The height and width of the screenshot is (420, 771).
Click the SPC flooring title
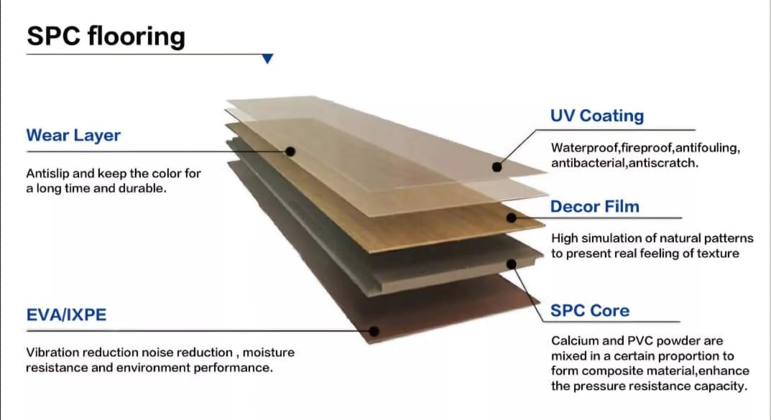pyautogui.click(x=106, y=37)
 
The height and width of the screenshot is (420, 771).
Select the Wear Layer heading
pyautogui.click(x=73, y=136)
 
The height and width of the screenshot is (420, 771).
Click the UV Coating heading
pyautogui.click(x=596, y=116)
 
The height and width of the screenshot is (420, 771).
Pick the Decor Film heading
pyautogui.click(x=594, y=207)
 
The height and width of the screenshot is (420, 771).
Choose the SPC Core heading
pyautogui.click(x=589, y=311)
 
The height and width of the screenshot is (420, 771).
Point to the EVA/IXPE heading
pyautogui.click(x=66, y=314)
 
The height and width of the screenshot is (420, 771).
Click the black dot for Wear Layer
pyautogui.click(x=290, y=151)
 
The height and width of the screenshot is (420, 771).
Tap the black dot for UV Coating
pyautogui.click(x=497, y=167)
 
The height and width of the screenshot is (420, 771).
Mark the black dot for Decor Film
pyautogui.click(x=511, y=217)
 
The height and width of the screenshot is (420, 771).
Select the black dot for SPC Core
pyautogui.click(x=512, y=264)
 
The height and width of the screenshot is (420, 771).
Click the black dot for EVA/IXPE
pyautogui.click(x=374, y=331)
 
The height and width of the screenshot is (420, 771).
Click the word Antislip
pyautogui.click(x=47, y=174)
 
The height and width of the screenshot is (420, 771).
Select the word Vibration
pyautogui.click(x=52, y=353)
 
